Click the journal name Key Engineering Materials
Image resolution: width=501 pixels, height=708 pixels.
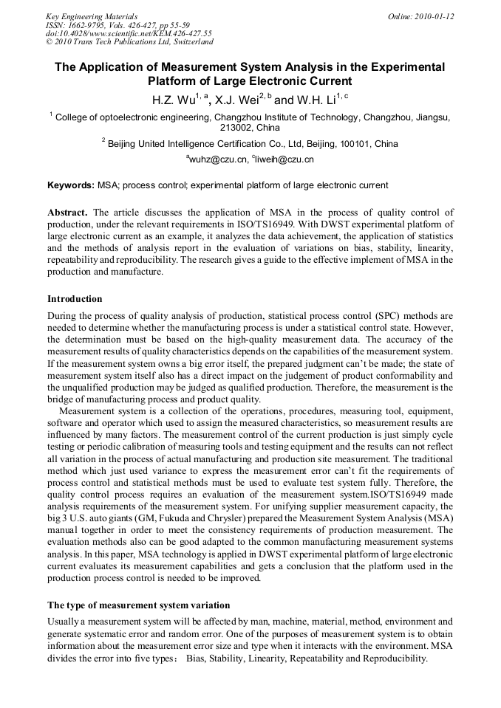coord(91,16)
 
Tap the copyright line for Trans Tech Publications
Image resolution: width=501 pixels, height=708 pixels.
coord(129,42)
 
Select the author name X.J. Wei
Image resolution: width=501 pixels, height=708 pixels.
coord(237,98)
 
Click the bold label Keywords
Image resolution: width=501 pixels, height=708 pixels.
coord(70,185)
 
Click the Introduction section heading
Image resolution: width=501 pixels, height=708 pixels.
coord(75,299)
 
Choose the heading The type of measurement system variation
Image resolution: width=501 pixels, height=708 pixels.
coord(138,605)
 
